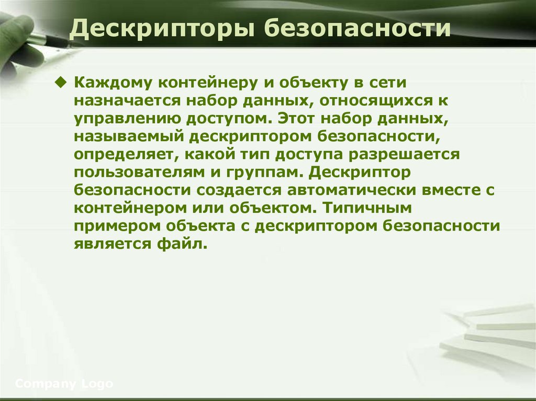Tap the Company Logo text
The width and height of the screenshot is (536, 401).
pos(64,384)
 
